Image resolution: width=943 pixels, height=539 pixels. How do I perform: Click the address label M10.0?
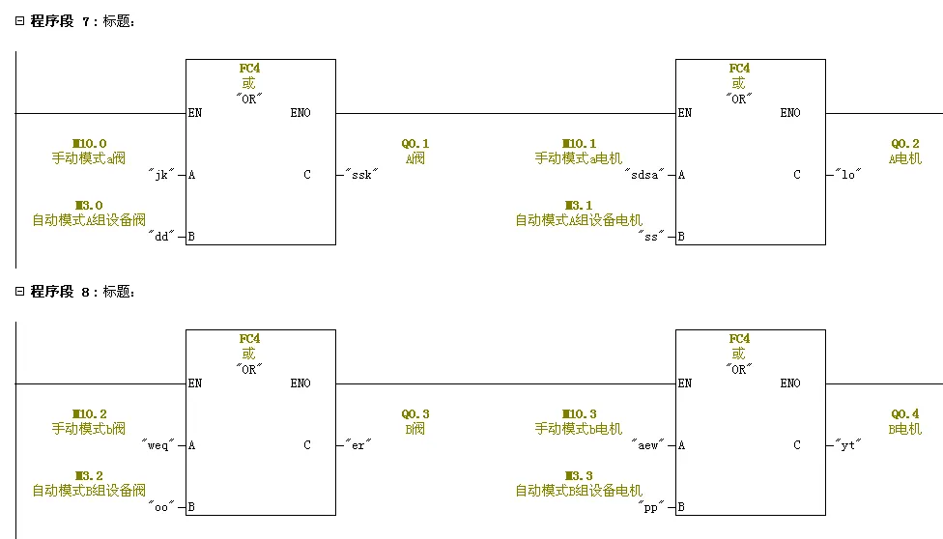(x=89, y=144)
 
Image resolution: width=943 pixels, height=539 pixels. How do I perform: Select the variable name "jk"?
(x=161, y=175)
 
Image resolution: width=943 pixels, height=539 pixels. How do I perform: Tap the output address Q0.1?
(x=415, y=144)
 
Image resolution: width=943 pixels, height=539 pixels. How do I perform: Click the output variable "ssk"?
(x=362, y=175)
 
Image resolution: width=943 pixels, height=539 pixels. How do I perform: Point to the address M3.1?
(x=579, y=206)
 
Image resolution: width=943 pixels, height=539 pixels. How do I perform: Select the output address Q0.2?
(x=905, y=144)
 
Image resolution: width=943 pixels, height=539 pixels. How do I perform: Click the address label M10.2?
(x=89, y=414)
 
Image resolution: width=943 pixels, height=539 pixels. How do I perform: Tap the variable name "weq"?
(x=158, y=445)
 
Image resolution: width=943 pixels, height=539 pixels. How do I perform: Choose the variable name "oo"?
(x=161, y=507)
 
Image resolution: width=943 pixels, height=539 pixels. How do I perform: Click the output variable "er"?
(x=358, y=445)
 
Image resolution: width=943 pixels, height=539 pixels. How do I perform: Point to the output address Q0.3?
(x=415, y=414)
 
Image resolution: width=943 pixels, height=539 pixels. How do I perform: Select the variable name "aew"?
(x=647, y=445)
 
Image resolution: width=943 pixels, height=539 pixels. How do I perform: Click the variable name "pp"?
(x=652, y=507)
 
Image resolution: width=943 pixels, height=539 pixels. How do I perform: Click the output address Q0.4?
(x=905, y=414)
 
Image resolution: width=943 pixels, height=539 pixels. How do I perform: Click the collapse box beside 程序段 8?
(x=19, y=291)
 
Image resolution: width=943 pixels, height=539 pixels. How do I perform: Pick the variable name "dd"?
(x=161, y=237)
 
